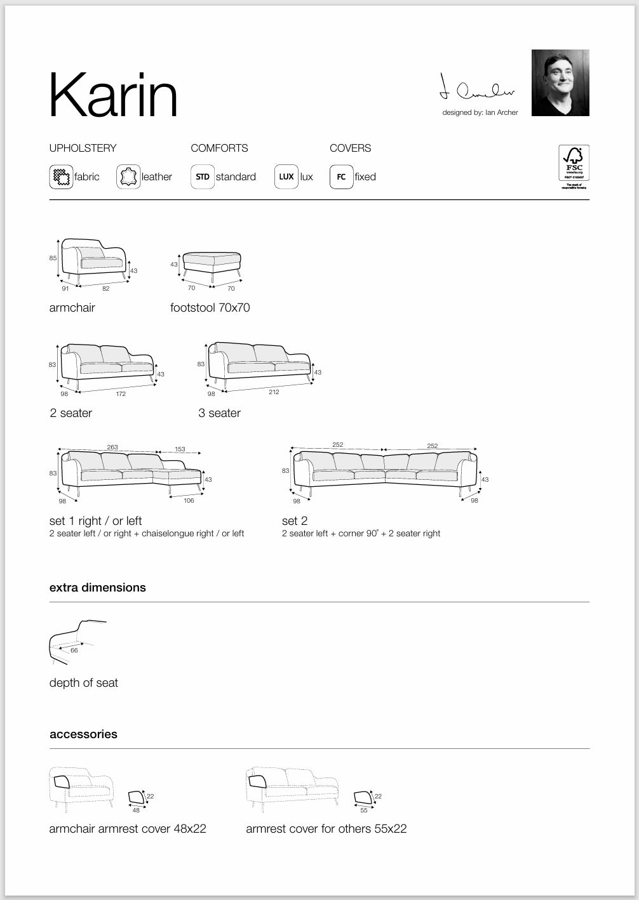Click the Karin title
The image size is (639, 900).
[x=113, y=95]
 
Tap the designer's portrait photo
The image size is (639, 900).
[x=560, y=83]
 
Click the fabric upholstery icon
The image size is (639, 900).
[x=61, y=176]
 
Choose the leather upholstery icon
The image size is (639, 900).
[x=128, y=176]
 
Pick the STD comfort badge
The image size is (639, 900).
[x=203, y=176]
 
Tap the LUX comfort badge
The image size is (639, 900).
[x=286, y=176]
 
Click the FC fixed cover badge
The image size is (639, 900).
[x=341, y=176]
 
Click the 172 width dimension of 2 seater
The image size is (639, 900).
[x=121, y=394]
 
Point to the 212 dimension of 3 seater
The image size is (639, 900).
[x=274, y=392]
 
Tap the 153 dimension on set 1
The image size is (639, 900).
[x=180, y=449]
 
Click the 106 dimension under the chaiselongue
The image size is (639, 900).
[x=189, y=501]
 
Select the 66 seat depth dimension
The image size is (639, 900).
[x=74, y=650]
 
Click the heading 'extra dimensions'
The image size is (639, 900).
[x=98, y=588]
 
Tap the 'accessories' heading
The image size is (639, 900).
[x=83, y=734]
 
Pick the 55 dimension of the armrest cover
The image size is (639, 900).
[x=364, y=810]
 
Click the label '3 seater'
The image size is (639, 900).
[x=219, y=413]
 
